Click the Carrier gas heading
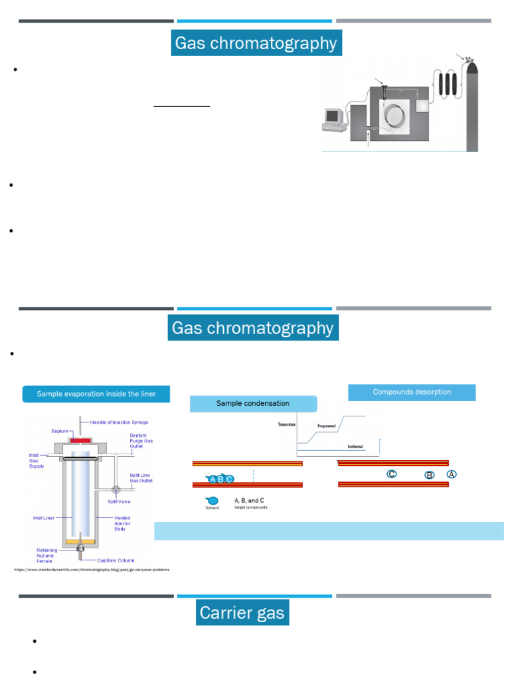242,612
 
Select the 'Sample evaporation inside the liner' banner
96,394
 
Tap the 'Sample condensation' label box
253,403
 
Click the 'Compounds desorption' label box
412,392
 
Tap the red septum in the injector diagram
83,440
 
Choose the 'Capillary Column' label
117,560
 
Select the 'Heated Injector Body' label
122,524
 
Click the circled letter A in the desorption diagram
452,474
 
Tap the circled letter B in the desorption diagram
430,475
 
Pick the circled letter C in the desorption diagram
392,474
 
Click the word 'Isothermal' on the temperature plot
355,447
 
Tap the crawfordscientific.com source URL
92,570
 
